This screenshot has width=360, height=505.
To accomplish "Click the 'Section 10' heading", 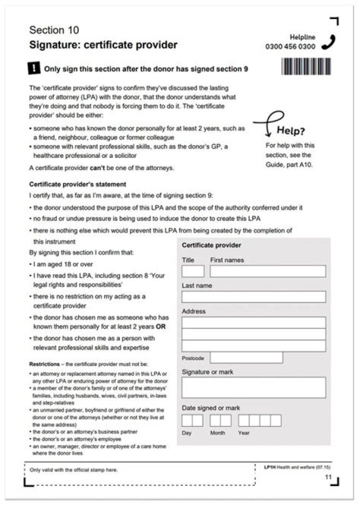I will click(x=54, y=30).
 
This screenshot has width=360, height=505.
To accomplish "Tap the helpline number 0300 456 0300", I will click(x=290, y=46).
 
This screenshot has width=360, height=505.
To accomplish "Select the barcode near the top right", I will click(x=306, y=66).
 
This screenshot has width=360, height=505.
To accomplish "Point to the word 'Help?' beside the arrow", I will click(x=290, y=131).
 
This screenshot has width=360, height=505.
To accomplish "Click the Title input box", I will click(x=193, y=271).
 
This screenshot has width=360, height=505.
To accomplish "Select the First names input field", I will click(x=267, y=271).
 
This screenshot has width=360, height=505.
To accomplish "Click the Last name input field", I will click(x=253, y=297).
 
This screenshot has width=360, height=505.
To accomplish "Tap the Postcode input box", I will click(x=246, y=357).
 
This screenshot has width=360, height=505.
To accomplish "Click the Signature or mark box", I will click(x=253, y=387).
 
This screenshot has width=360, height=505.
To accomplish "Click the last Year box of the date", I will click(x=275, y=420).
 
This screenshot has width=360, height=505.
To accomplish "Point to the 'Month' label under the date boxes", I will click(x=217, y=433).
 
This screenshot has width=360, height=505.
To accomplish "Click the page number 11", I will click(x=328, y=477).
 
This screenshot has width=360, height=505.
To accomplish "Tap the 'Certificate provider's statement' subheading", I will click(x=77, y=184).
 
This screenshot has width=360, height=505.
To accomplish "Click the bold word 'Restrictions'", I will click(x=44, y=364).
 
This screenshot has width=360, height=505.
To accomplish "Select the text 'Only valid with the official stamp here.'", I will click(x=74, y=470).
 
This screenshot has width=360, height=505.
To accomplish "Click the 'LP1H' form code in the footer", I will click(x=269, y=467).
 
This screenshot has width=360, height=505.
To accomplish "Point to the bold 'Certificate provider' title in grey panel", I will click(x=211, y=245).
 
